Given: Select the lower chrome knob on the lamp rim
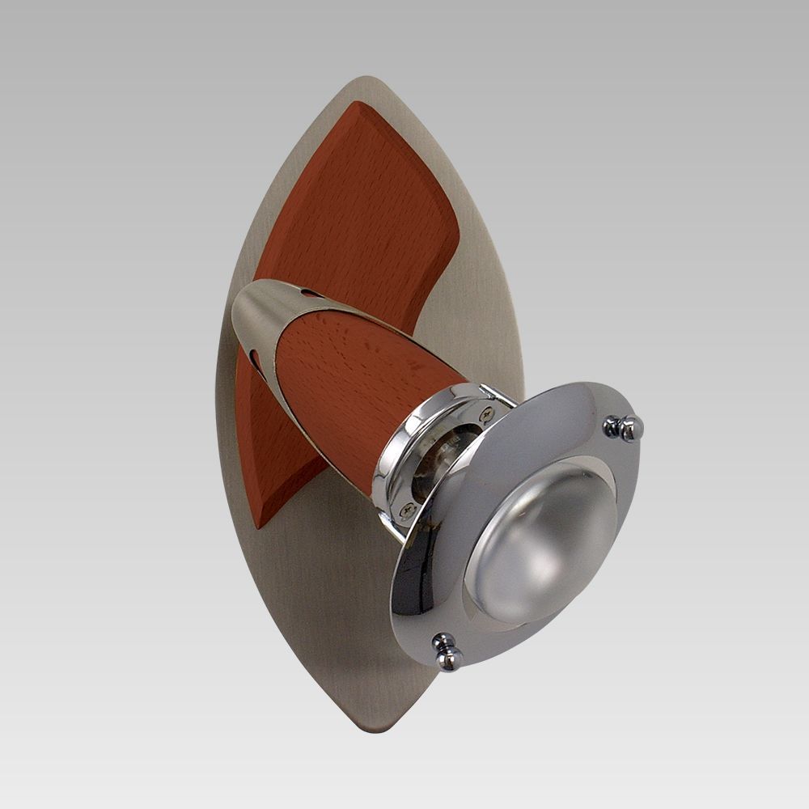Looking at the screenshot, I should pos(446,652).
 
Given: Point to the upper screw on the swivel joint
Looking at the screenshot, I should pos(485,413).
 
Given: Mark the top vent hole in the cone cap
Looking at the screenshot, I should pos(308,294).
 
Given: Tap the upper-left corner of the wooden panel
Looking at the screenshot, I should pos(356,105).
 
